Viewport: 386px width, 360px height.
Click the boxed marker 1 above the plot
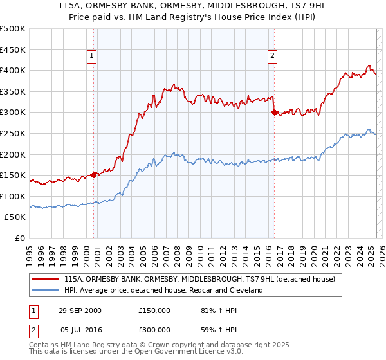pyautogui.click(x=93, y=56)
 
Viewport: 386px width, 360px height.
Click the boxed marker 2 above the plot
pyautogui.click(x=273, y=56)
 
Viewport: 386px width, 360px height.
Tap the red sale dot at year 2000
pyautogui.click(x=94, y=174)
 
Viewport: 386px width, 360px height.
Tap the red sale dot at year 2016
pyautogui.click(x=274, y=112)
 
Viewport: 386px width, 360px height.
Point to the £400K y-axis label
pyautogui.click(x=14, y=71)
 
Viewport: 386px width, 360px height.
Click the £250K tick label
pyautogui.click(x=14, y=133)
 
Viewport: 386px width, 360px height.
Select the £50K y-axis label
pyautogui.click(x=16, y=217)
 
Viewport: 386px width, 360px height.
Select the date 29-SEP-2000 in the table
pyautogui.click(x=80, y=310)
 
